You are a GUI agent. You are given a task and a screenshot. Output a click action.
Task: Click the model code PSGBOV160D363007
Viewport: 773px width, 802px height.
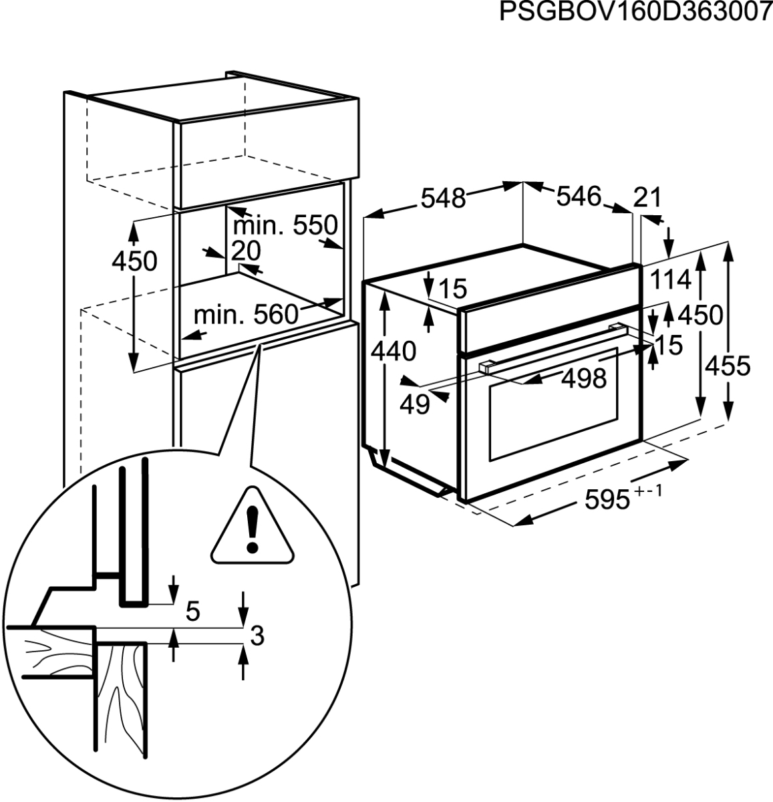635,12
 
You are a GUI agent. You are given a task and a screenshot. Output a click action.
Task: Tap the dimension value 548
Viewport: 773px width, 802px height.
443,198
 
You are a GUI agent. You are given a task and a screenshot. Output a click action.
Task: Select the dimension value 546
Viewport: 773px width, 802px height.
579,196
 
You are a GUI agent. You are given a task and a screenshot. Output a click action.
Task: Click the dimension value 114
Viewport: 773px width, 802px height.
671,279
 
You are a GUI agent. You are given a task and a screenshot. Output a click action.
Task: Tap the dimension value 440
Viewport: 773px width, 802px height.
394,352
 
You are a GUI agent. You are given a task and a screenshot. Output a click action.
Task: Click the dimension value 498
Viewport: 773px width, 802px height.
585,378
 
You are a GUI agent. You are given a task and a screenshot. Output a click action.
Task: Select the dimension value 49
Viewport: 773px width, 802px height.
415,405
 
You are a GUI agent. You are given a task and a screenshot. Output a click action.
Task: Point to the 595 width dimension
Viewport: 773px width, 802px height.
608,501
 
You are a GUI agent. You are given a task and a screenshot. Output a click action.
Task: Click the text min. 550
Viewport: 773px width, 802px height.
285,225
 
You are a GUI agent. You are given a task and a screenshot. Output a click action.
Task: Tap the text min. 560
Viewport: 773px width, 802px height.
246,315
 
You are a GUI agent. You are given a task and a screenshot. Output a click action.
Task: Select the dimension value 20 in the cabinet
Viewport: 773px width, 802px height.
246,250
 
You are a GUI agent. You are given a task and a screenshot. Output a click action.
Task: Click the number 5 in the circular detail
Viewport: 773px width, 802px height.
193,611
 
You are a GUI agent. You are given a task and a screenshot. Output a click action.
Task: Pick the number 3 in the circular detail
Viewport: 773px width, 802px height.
257,636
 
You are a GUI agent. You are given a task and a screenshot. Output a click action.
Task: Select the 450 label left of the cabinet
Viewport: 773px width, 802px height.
134,261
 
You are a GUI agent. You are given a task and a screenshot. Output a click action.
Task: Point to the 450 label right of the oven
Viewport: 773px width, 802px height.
700,315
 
